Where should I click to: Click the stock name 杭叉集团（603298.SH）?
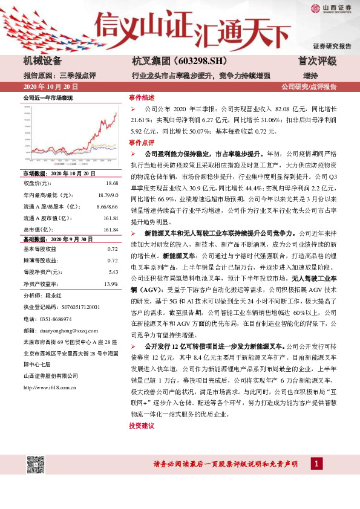[171, 61]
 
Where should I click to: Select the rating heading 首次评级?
[317, 61]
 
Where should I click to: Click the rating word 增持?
[310, 75]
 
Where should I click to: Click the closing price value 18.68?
[112, 183]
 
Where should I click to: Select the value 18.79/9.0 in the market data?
[108, 195]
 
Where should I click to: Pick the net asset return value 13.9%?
[111, 284]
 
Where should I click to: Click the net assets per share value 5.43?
[112, 272]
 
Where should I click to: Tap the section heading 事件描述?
[142, 97]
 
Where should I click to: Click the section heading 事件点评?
[142, 142]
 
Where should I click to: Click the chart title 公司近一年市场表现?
[48, 97]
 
